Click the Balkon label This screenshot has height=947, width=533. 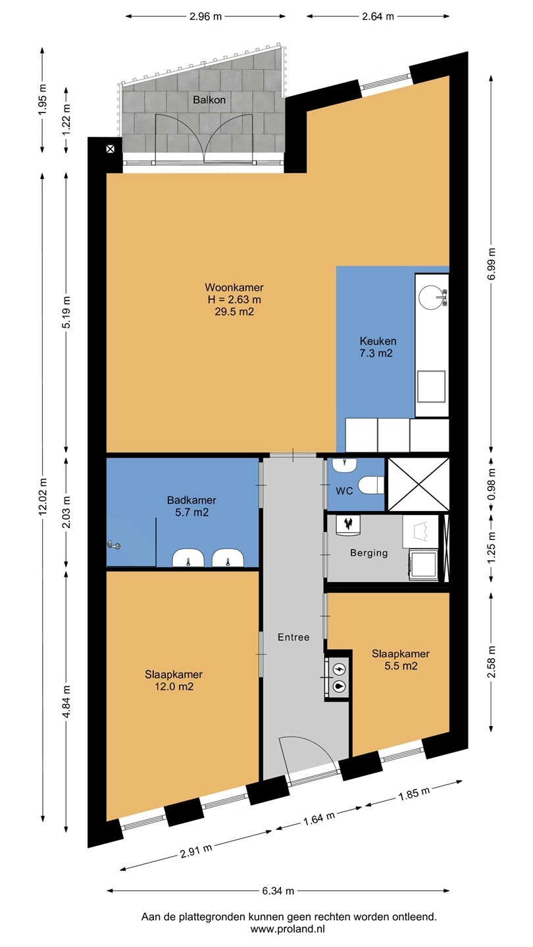tap(209, 100)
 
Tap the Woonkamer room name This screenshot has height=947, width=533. tap(234, 287)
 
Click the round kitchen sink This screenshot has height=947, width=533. tap(430, 295)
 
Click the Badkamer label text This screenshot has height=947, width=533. tap(191, 500)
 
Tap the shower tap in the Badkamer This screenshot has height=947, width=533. tap(114, 546)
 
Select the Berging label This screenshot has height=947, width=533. tap(369, 553)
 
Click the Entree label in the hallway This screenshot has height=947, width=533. tap(293, 637)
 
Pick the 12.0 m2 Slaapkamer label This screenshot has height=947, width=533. tap(174, 680)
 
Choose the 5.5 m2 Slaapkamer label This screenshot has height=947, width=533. tap(401, 660)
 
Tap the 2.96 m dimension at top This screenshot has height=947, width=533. tap(205, 16)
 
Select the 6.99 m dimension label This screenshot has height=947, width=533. tap(491, 264)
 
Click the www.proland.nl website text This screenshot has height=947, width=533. tap(288, 929)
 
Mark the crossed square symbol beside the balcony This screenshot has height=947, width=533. tap(111, 149)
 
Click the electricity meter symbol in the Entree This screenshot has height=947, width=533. tap(340, 669)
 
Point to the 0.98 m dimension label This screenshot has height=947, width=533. tap(491, 484)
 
